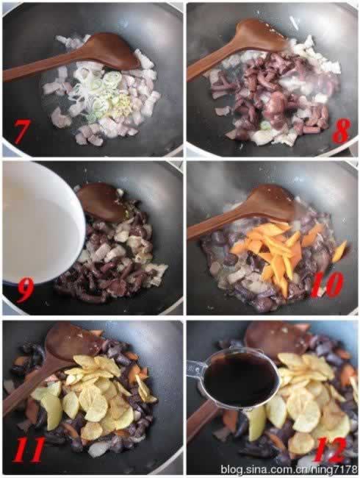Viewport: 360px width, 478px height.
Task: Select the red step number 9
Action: click(24, 289)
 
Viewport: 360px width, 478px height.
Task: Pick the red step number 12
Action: click(329, 445)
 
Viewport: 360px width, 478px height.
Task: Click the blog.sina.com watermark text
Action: click(287, 468)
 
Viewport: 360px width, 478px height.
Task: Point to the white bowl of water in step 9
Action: click(37, 221)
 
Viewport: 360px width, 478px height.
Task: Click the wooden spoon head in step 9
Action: click(101, 200)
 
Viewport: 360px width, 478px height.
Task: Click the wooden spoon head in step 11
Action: click(73, 343)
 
